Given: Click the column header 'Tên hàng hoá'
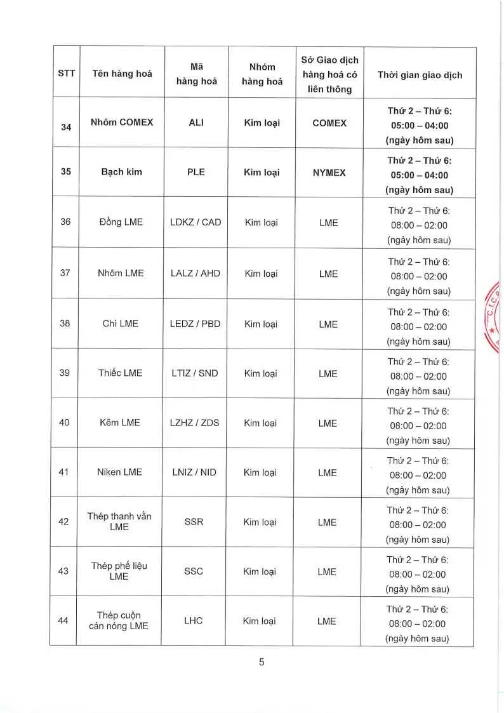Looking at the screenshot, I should tap(122, 74).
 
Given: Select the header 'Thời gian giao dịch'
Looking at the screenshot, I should tap(420, 75).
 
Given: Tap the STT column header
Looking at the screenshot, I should tap(66, 74).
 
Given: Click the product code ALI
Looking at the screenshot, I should tap(196, 123).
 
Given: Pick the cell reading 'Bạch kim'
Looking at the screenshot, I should tap(121, 172).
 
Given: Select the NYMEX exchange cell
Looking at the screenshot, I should tap(329, 173).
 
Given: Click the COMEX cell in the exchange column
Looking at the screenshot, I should tap(329, 123).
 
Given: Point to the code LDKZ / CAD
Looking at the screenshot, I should tap(196, 222).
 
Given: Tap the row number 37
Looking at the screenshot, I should tap(65, 273).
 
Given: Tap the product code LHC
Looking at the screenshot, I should tap(193, 620).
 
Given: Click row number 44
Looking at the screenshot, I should tap(63, 620).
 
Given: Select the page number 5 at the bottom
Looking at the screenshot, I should tap(261, 662).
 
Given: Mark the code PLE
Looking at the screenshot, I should tap(196, 172).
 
